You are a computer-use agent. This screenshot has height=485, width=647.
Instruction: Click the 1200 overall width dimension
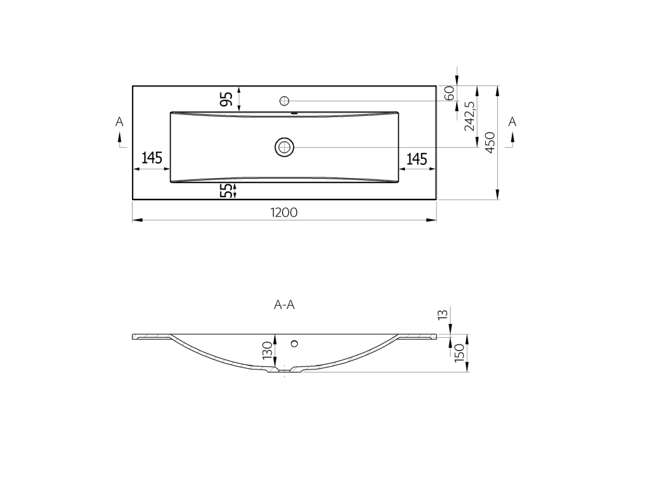click(x=284, y=212)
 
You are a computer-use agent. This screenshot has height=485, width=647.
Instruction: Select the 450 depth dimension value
click(x=490, y=142)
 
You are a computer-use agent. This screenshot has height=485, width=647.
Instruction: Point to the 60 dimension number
click(x=450, y=93)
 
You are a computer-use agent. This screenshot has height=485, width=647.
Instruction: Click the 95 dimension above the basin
click(x=227, y=99)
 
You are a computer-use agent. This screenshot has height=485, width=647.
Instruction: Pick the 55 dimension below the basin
click(x=226, y=191)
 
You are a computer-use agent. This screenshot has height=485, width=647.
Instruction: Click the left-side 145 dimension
click(x=152, y=157)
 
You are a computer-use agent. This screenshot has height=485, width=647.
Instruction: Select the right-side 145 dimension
click(x=417, y=159)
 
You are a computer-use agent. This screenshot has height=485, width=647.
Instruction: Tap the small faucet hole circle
click(x=284, y=100)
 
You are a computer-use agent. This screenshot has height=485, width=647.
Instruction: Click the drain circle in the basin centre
click(x=284, y=147)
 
